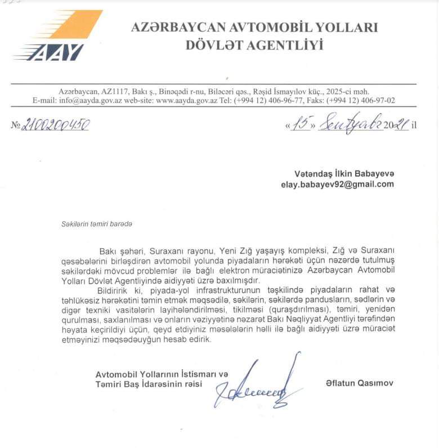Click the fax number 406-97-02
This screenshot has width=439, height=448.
coord(374,101)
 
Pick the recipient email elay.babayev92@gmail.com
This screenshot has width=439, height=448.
coord(338,184)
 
